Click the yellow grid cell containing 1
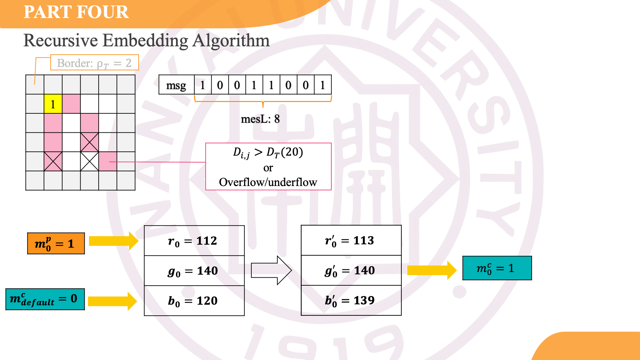coord(53,104)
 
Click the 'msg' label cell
coord(176,85)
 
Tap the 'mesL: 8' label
coord(260,119)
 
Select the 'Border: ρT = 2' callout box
coord(94,63)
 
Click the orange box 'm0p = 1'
coord(56,243)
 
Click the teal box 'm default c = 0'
coord(45,299)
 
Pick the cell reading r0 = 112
coord(194,241)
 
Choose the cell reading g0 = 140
coord(194,271)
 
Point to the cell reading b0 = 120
coord(194,301)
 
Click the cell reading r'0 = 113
coord(351,240)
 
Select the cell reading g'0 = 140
coord(351,270)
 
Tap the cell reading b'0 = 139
coord(351,300)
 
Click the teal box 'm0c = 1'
coord(497,268)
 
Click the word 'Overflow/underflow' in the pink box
coord(268,182)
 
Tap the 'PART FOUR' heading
coord(76,12)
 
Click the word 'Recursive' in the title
coord(61,41)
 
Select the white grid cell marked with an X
coord(90,161)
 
